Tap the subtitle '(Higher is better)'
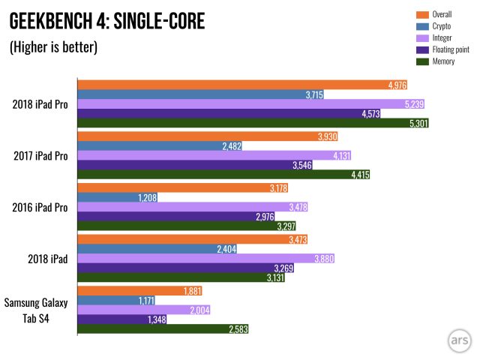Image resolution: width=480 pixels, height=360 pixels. click(53, 47)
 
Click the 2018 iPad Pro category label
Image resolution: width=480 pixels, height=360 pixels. click(42, 103)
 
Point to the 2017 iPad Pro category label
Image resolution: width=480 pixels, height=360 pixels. click(42, 156)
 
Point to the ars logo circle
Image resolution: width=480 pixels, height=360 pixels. click(456, 339)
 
